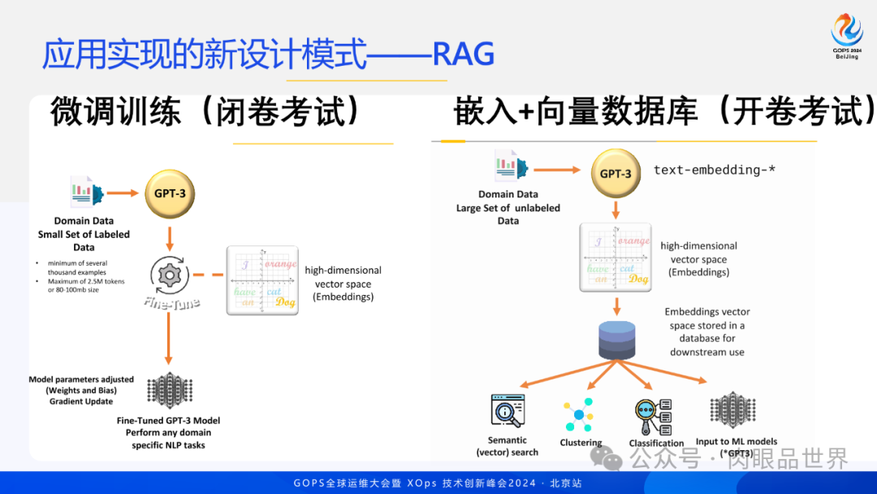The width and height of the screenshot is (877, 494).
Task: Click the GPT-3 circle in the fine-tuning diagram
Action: [x=170, y=193]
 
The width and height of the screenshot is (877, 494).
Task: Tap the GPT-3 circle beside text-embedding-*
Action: [x=615, y=174]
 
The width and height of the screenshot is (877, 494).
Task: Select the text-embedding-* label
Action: [x=714, y=171]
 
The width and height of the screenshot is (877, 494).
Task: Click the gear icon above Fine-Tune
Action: [x=170, y=274]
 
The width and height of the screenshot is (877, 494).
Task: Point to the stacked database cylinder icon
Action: [x=616, y=340]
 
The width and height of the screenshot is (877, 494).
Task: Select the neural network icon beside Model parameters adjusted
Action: [x=169, y=389]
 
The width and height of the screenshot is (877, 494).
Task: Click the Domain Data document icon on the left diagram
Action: [x=86, y=192]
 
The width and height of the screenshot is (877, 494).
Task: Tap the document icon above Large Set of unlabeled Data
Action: [x=512, y=166]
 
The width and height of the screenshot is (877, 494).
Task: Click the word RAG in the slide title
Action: [x=464, y=54]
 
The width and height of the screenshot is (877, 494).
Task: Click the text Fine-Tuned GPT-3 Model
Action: [x=168, y=421]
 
